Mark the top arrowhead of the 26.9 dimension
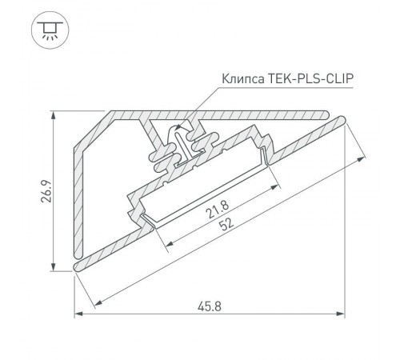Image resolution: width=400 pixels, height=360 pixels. [53, 114]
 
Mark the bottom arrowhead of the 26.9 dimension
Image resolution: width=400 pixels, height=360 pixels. [53, 269]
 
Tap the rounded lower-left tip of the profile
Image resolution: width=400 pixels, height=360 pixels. [78, 263]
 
